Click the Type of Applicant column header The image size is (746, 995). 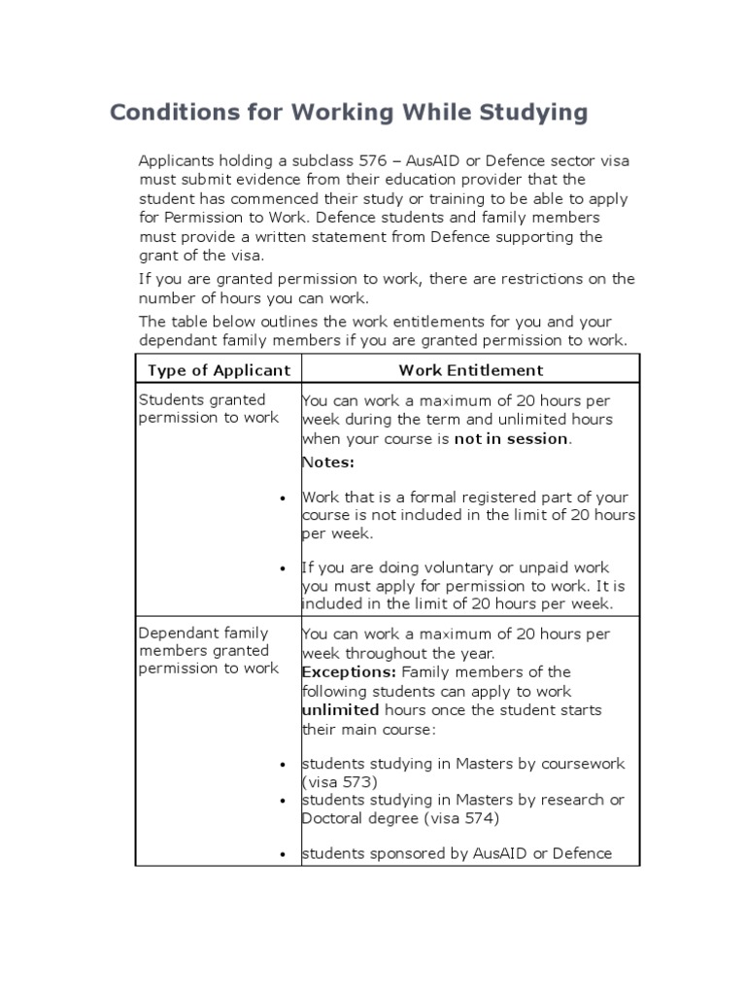click(219, 370)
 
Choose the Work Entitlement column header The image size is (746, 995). click(470, 370)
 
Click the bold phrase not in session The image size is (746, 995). click(512, 438)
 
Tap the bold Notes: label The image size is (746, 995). click(328, 462)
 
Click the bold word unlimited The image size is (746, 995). click(340, 710)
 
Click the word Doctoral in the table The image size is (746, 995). click(332, 818)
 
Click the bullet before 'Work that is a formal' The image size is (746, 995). click(283, 498)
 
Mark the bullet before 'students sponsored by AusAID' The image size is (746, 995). click(283, 854)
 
